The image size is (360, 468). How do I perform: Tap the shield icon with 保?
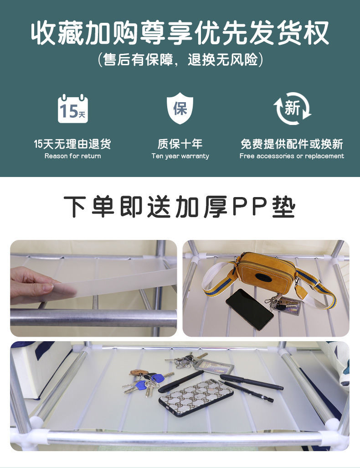pyautogui.click(x=180, y=109)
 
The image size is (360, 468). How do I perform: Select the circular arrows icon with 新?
pyautogui.click(x=292, y=109)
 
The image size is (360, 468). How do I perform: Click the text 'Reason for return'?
pyautogui.click(x=73, y=156)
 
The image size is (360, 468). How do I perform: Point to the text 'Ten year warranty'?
pyautogui.click(x=180, y=156)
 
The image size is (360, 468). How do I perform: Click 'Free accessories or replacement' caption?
pyautogui.click(x=292, y=156)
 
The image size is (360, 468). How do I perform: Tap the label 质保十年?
pyautogui.click(x=180, y=144)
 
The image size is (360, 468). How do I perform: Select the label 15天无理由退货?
pyautogui.click(x=73, y=144)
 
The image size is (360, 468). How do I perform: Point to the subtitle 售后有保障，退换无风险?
pyautogui.click(x=180, y=60)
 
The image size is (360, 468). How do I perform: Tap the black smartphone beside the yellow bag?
pyautogui.click(x=250, y=308)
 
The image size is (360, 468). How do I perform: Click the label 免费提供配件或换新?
pyautogui.click(x=292, y=144)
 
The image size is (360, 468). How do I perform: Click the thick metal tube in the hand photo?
pyautogui.click(x=93, y=317)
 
